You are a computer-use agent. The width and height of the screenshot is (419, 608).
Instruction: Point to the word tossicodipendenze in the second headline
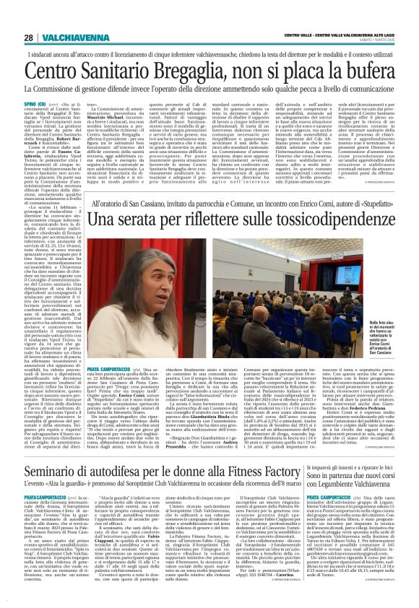click(316, 235)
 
